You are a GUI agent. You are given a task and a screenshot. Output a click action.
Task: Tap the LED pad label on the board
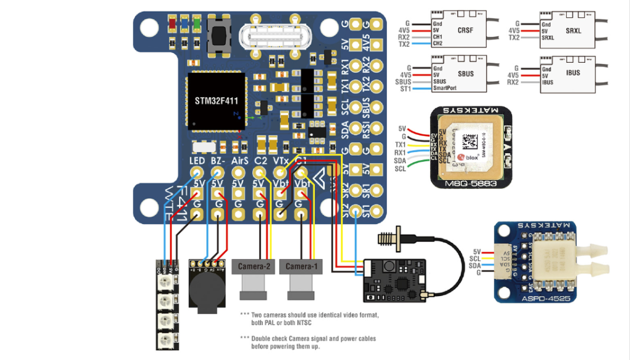coord(197,161)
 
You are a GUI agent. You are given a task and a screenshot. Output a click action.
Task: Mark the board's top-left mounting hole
coord(149,28)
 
